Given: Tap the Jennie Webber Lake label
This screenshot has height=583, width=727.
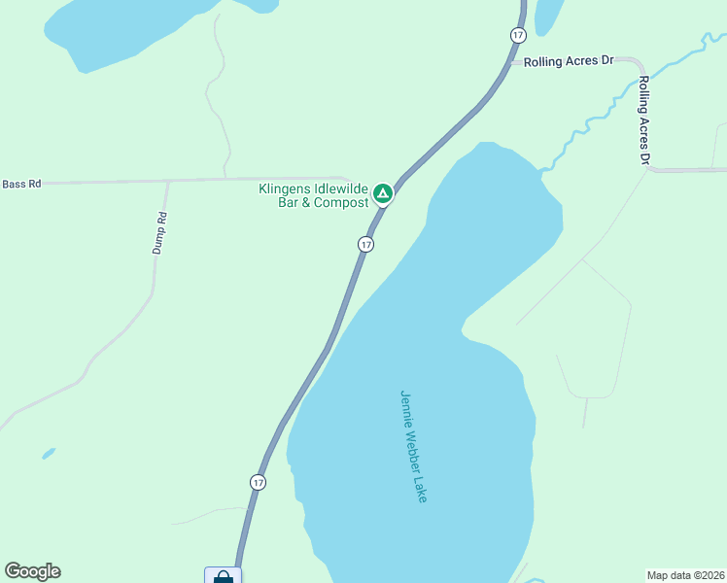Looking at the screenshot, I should tap(414, 446).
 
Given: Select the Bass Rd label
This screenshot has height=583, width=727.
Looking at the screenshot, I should tap(21, 184).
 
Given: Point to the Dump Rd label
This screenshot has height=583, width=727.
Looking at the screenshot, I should tap(160, 233).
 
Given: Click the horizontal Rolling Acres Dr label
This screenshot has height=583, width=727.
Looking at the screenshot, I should tap(569, 61).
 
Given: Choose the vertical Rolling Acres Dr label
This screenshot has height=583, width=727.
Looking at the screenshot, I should tap(643, 120).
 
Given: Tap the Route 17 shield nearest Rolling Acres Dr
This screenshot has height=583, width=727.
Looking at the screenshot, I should tap(517, 35).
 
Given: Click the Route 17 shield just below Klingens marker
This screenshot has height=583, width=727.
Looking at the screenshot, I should tap(365, 245).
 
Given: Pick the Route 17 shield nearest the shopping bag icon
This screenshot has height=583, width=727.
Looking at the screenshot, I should tap(257, 482).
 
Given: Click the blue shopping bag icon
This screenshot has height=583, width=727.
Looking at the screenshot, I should tap(223, 576).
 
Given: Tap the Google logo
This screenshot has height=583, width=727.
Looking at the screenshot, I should tap(32, 571).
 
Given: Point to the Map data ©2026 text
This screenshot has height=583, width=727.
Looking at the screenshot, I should tap(685, 575).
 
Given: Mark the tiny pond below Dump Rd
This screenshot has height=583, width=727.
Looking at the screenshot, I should tap(49, 453).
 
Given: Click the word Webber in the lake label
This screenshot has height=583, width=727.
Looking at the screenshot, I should tap(414, 447).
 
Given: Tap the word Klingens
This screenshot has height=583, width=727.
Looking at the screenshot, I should tap(284, 189).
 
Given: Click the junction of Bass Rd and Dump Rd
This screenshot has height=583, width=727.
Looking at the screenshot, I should tap(168, 181).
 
